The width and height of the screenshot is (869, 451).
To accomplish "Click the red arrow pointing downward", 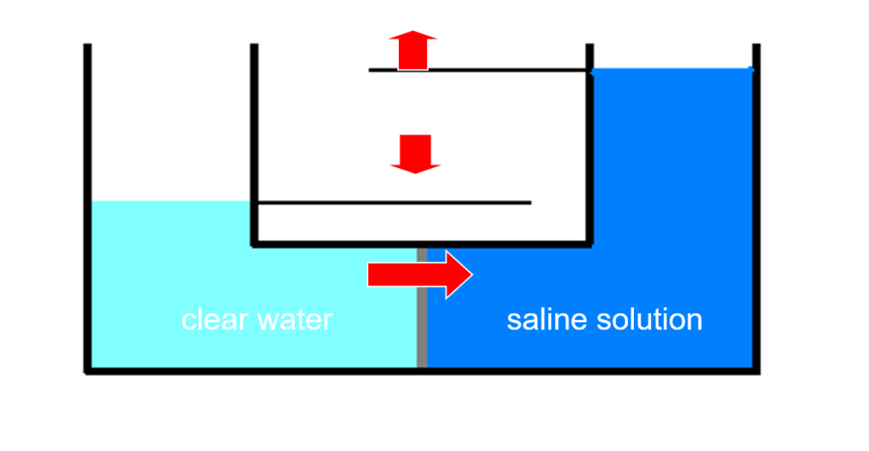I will tap(415, 154).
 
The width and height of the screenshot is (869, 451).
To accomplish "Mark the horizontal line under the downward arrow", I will tap(395, 203).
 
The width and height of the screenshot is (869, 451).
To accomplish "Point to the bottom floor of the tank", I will tap(422, 370).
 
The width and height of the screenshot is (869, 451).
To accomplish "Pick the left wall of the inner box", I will tap(254, 144).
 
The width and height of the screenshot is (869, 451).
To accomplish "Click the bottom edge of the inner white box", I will tap(422, 244).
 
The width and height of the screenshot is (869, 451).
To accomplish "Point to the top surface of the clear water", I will tap(170, 202).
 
